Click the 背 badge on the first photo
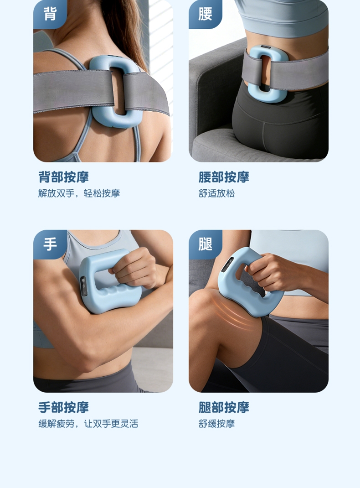[50, 14]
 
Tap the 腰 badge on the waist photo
[205, 14]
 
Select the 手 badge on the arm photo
[50, 244]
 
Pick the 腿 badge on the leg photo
[205, 244]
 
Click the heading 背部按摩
[64, 177]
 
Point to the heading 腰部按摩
[224, 177]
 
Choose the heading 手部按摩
[64, 407]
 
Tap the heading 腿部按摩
[224, 407]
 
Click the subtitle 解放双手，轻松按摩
[79, 193]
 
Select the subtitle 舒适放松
[217, 193]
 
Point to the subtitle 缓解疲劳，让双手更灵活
[88, 424]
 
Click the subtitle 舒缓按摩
[217, 424]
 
